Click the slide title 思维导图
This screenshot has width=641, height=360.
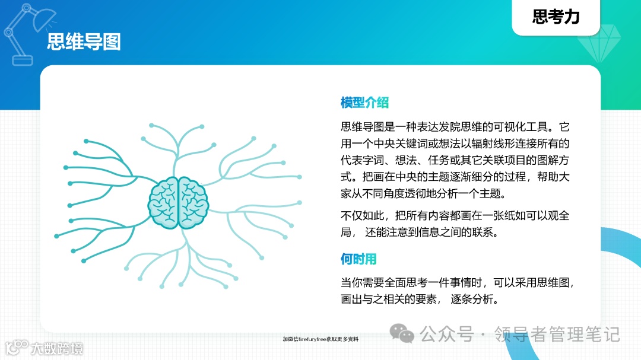pyautogui.click(x=84, y=42)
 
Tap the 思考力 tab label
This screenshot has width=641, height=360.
pyautogui.click(x=556, y=17)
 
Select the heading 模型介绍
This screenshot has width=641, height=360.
pyautogui.click(x=364, y=103)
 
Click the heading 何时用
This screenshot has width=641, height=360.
pyautogui.click(x=358, y=259)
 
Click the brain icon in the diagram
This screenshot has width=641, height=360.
pyautogui.click(x=179, y=202)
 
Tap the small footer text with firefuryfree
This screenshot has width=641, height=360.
pyautogui.click(x=320, y=339)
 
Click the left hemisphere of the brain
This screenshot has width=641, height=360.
pyautogui.click(x=164, y=202)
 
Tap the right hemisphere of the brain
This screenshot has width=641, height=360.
pyautogui.click(x=193, y=202)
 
